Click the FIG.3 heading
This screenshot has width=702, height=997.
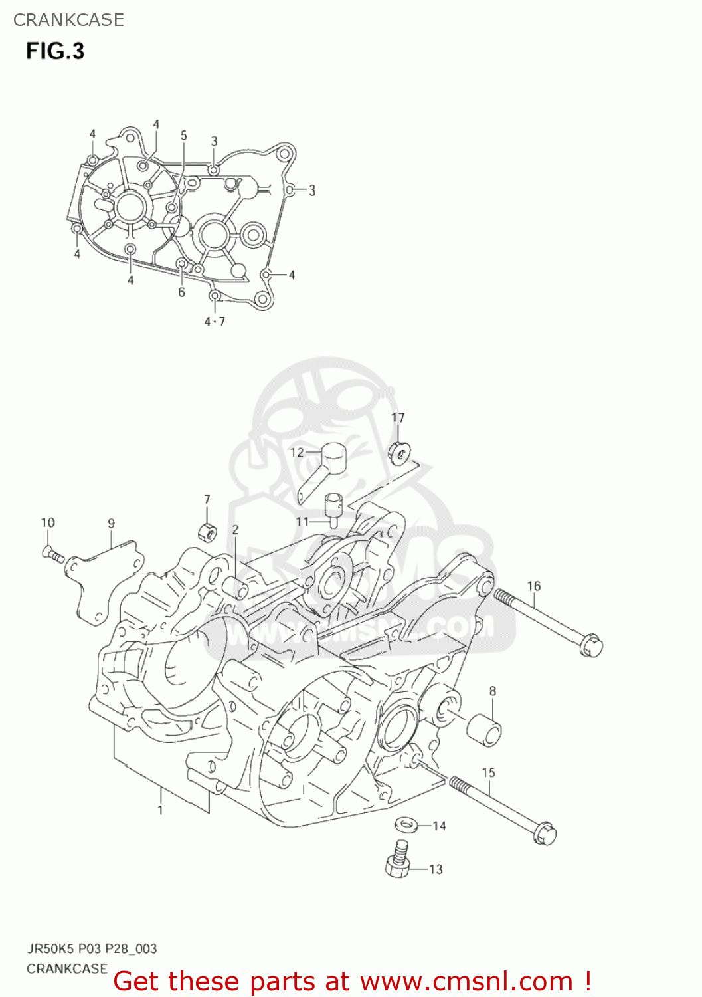point(55,51)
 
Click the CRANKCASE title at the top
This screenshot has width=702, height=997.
point(68,20)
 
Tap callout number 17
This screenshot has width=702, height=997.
point(397,417)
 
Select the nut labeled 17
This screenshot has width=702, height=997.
point(398,453)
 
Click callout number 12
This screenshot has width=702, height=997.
point(297,453)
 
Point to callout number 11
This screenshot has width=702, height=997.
point(303,522)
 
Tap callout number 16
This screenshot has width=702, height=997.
point(534,586)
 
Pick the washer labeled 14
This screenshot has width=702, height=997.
point(406,825)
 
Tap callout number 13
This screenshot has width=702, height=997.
point(436,869)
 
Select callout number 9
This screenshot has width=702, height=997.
point(111,524)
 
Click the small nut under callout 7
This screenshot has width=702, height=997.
point(207,532)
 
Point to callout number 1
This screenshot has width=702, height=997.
point(160,810)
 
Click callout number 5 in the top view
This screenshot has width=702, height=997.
point(184,136)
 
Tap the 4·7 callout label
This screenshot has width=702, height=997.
point(215,322)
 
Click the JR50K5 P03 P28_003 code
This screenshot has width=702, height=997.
point(92,948)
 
